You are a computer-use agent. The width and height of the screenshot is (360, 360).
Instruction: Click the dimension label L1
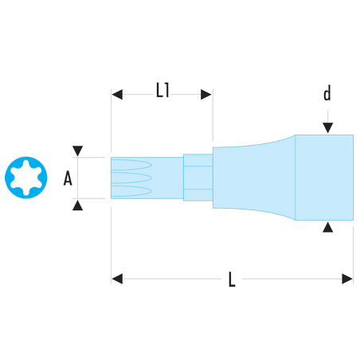pyautogui.click(x=162, y=90)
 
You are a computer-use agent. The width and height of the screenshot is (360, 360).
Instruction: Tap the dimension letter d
pyautogui.click(x=327, y=93)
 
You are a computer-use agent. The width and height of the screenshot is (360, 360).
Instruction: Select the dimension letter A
pyautogui.click(x=68, y=178)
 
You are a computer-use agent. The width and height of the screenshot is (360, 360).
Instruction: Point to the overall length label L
pyautogui.click(x=232, y=279)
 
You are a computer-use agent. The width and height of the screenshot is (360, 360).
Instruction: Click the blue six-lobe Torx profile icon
pyautogui.click(x=26, y=178)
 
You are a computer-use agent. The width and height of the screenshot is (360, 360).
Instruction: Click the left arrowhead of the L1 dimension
pyautogui.click(x=117, y=95)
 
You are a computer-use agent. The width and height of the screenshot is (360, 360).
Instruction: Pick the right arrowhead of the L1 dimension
pyautogui.click(x=206, y=95)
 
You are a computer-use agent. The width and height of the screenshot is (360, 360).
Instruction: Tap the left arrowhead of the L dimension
pyautogui.click(x=117, y=279)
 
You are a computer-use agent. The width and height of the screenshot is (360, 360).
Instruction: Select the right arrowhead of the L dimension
pyautogui.click(x=347, y=279)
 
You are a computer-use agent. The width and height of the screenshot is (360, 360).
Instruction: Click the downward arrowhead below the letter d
pyautogui.click(x=328, y=128)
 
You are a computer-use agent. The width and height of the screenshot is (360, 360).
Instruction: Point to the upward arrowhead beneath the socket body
pyautogui.click(x=328, y=227)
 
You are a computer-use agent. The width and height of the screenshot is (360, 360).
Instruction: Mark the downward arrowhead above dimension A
pyautogui.click(x=77, y=151)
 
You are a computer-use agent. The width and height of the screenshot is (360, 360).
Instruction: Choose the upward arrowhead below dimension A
pyautogui.click(x=77, y=205)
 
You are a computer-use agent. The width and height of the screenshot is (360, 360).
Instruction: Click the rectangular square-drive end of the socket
pyautogui.click(x=324, y=178)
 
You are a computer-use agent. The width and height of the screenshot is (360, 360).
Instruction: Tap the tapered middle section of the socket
pyautogui.click(x=254, y=178)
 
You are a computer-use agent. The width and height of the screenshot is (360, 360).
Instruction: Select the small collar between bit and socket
pyautogui.click(x=198, y=178)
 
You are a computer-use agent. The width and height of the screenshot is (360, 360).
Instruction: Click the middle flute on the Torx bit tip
pyautogui.click(x=131, y=178)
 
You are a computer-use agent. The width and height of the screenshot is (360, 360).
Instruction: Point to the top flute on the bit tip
pyautogui.click(x=131, y=165)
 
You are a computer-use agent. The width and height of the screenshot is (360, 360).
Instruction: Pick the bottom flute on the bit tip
pyautogui.click(x=131, y=191)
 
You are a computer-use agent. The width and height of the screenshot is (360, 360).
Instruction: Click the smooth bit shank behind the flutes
pyautogui.click(x=167, y=178)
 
